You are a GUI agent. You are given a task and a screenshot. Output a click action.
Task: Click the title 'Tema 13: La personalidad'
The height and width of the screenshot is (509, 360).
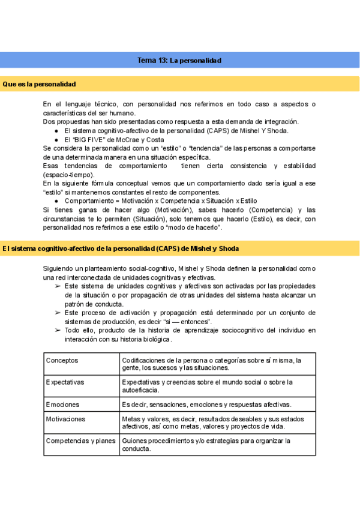pos(179,61)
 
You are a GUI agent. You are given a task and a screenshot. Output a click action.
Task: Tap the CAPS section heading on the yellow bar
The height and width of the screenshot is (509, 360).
pos(120,247)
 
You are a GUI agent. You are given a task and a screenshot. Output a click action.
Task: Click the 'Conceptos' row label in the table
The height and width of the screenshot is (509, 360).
pos(62,360)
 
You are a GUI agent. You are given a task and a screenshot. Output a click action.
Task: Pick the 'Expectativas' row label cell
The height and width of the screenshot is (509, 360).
pos(65,382)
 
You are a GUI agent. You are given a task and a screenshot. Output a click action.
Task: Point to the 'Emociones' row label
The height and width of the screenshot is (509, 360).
pos(62,405)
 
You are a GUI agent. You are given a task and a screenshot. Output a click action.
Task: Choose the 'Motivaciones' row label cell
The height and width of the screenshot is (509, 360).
pos(66,419)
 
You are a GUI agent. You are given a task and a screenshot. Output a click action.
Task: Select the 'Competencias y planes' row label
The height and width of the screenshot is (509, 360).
pos(80,441)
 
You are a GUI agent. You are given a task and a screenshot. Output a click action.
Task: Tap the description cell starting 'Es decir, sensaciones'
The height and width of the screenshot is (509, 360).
pos(206,405)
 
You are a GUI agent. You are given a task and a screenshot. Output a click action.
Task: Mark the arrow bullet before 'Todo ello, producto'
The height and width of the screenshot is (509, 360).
pos(57,330)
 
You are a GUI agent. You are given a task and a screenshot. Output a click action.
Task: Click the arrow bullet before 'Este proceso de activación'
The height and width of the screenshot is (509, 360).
pos(57,313)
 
